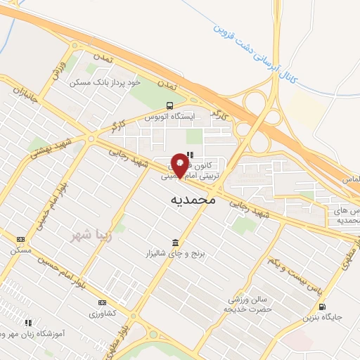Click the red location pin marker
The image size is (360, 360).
pos(180,165)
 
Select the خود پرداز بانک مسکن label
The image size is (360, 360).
pos(105,82)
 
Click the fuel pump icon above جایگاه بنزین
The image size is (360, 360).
pos(322,307)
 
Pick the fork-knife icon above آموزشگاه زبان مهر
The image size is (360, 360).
pos(28,323)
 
